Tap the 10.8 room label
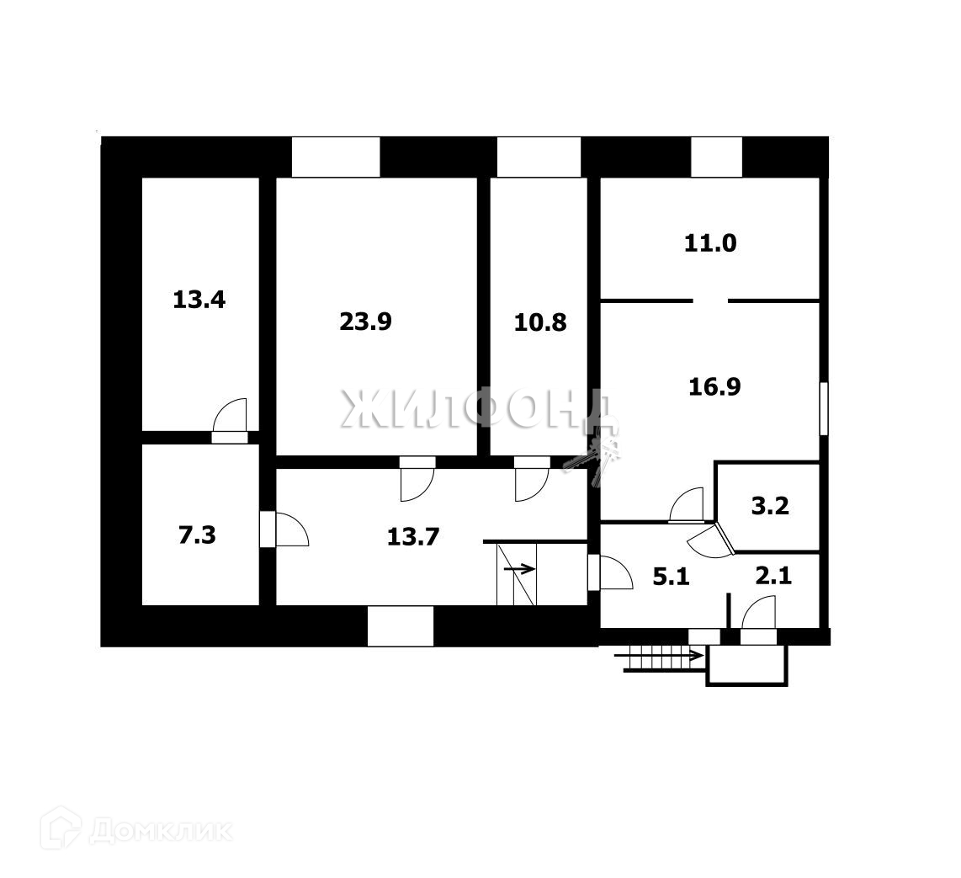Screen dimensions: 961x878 (x=540, y=322)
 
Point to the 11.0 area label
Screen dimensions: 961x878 (x=710, y=244)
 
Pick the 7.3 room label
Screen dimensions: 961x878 (x=197, y=535)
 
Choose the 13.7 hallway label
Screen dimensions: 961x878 (x=413, y=535)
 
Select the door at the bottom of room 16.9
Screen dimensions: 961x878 (x=686, y=505)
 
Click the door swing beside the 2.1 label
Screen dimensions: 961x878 (x=760, y=612)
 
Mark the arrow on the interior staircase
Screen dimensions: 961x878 (x=520, y=569)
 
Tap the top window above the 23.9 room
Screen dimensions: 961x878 (x=336, y=157)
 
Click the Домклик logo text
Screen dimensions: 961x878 (x=160, y=832)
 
